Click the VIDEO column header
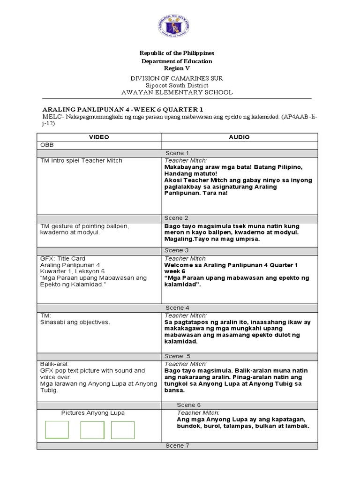pos(99,137)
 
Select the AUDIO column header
pos(239,137)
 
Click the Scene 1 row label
pos(177,153)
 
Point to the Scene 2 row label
pos(177,218)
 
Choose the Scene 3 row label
pos(177,251)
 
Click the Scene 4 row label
pos(177,308)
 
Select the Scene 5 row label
pos(177,356)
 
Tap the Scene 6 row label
pos(188,405)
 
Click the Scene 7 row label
pos(177,446)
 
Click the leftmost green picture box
pos(57,430)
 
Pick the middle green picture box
pos(92,430)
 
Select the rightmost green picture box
pos(123,430)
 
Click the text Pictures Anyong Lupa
pos(93,413)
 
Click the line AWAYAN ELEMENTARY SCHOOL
pos(177,92)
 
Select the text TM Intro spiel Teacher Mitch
pos(82,161)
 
